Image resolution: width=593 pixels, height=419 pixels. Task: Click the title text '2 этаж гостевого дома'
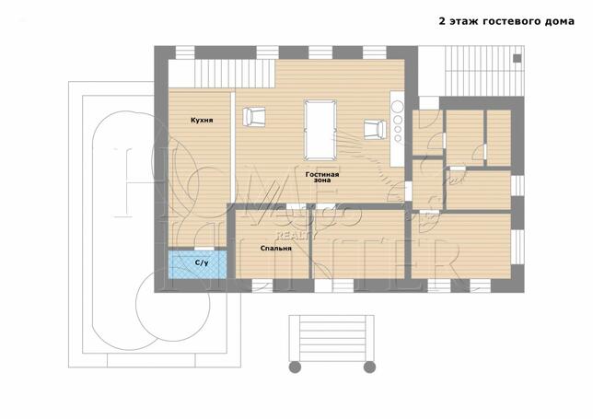(x=506, y=21)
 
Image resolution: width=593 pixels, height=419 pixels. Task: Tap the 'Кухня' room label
(x=202, y=121)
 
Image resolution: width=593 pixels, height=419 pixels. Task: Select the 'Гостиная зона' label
(x=322, y=178)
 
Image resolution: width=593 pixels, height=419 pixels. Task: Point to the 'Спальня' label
(x=275, y=249)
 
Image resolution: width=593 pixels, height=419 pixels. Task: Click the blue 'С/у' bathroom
(x=197, y=264)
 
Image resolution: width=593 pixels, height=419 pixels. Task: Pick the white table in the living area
(x=320, y=130)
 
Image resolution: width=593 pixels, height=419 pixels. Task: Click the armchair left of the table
(x=253, y=116)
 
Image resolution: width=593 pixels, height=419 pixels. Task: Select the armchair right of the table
(x=375, y=130)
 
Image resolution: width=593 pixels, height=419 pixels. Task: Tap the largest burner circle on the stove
(x=398, y=107)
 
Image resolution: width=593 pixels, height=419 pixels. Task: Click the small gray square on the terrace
(x=517, y=59)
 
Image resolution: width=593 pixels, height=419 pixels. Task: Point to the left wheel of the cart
(x=295, y=367)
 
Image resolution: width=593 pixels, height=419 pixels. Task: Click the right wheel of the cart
(x=369, y=367)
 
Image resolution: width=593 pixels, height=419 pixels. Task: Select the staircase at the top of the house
(x=235, y=74)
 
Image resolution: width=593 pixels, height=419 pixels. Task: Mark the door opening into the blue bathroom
(x=204, y=249)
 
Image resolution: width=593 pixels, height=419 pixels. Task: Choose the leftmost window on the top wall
(x=185, y=52)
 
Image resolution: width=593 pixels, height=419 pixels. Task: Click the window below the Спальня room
(x=262, y=285)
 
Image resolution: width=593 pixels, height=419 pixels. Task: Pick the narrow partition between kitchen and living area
(x=233, y=146)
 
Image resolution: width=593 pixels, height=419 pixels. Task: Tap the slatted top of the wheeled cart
(x=331, y=338)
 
